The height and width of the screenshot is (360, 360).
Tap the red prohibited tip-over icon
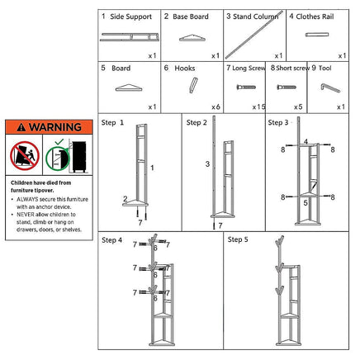point(24,154)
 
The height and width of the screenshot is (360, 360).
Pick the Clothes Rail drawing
point(318,36)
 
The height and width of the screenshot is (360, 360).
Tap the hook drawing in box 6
point(192,87)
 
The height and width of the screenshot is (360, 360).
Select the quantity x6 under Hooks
point(215,107)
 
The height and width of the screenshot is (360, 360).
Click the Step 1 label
point(113,122)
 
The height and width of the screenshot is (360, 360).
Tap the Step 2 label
point(197,122)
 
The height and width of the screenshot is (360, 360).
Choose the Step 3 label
point(277,122)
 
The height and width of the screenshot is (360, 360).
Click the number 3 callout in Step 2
point(208,164)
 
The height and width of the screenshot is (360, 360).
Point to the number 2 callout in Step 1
point(125,199)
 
